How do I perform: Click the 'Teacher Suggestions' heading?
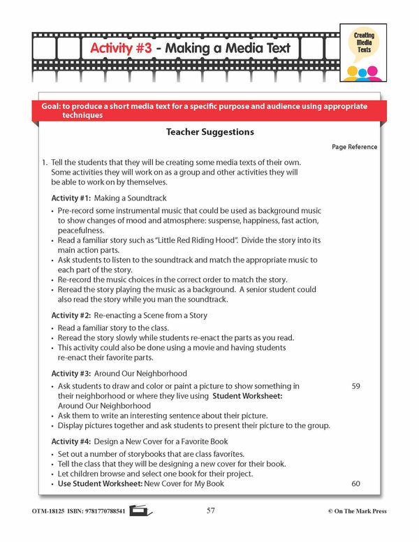pyautogui.click(x=209, y=131)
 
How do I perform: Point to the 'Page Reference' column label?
pyautogui.click(x=354, y=147)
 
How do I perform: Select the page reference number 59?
pyautogui.click(x=355, y=386)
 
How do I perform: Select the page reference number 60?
pyautogui.click(x=355, y=483)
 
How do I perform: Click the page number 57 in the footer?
pyautogui.click(x=210, y=511)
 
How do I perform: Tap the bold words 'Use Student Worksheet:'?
pyautogui.click(x=100, y=483)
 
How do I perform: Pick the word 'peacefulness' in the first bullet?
pyautogui.click(x=81, y=230)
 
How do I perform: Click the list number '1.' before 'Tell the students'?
pyautogui.click(x=45, y=163)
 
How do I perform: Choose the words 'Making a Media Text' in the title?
pyautogui.click(x=226, y=49)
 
